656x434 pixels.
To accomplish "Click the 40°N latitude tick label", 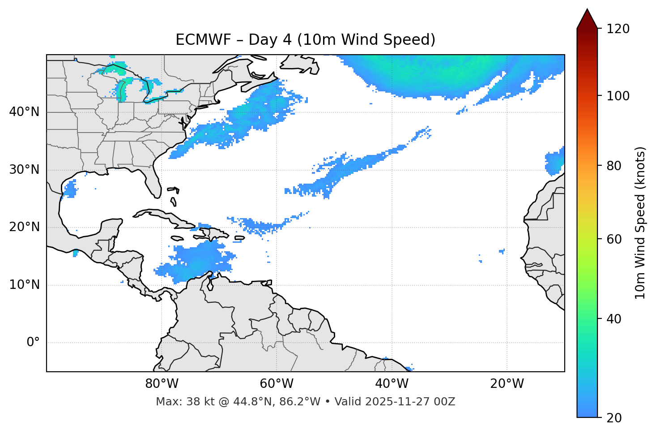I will tap(24, 112).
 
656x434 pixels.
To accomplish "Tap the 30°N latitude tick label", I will tap(24, 170).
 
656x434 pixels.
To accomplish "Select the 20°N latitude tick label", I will tap(24, 227).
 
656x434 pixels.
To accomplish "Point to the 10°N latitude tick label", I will tap(24, 285).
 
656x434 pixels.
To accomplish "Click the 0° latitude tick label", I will tap(33, 343).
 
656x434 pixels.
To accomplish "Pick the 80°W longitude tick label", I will tap(162, 384).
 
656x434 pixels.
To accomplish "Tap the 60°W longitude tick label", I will tap(277, 384).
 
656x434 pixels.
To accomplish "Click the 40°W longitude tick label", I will tap(392, 384).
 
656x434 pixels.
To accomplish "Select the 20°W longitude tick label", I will tap(507, 384).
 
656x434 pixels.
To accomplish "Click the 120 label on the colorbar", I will tap(618, 29).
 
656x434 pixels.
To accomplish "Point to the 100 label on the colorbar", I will tap(618, 96).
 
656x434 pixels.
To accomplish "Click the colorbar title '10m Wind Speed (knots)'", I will tap(640, 223).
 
